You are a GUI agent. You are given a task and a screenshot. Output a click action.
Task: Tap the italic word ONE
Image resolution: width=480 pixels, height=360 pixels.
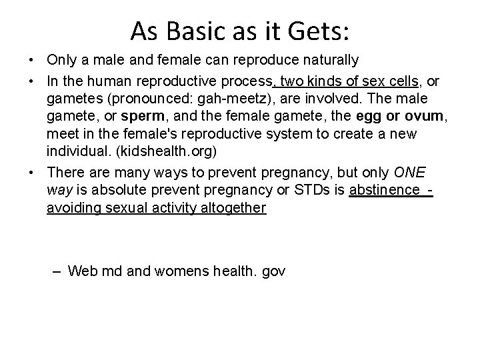point(409,173)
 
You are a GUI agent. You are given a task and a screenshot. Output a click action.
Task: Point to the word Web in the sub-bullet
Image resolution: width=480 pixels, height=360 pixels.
point(81,271)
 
